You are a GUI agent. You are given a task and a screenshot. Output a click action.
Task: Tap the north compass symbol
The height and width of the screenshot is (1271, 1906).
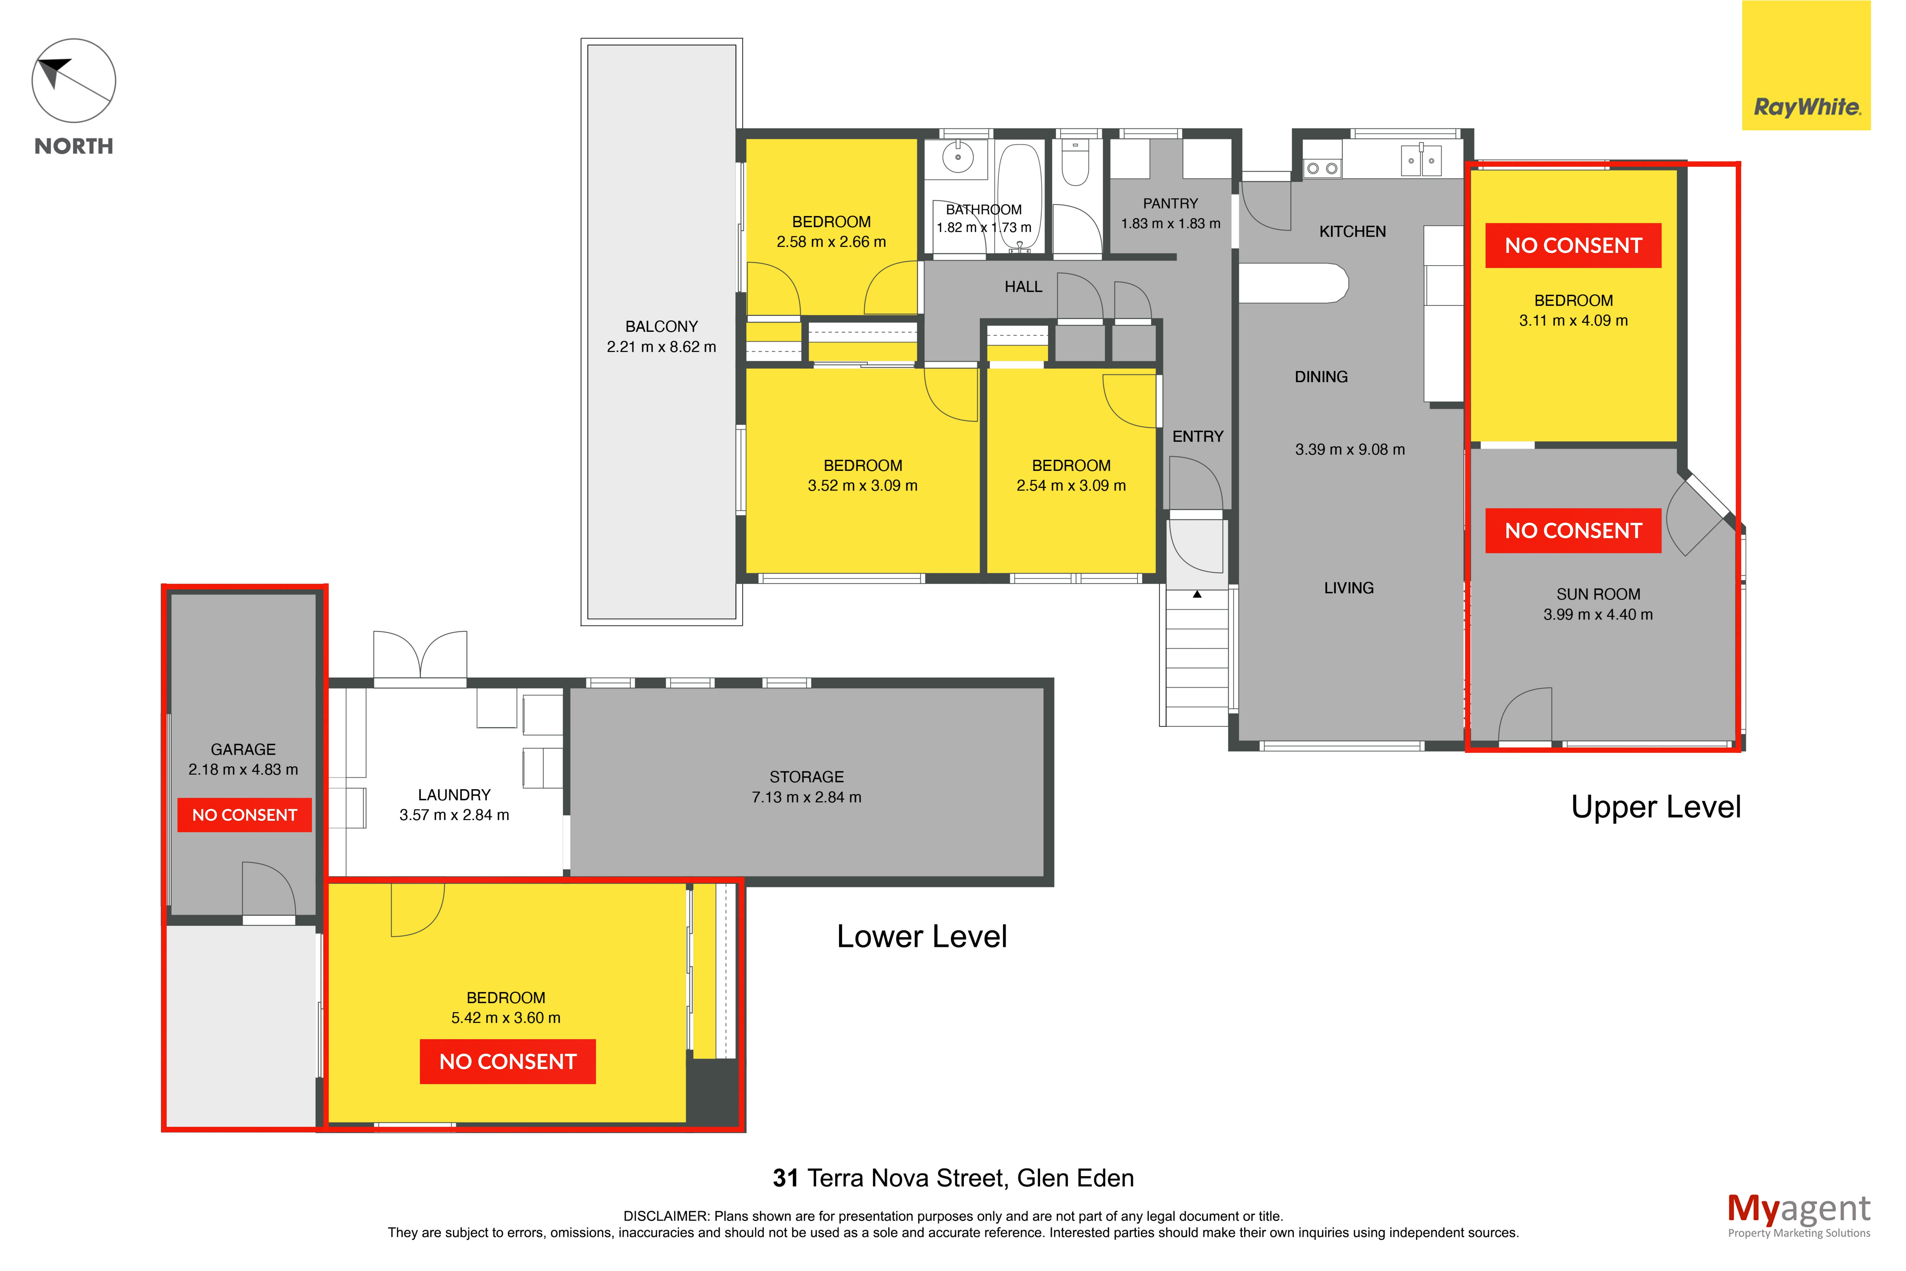click(x=74, y=81)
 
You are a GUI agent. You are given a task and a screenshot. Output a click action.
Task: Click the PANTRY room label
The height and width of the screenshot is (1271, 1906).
click(x=1170, y=203)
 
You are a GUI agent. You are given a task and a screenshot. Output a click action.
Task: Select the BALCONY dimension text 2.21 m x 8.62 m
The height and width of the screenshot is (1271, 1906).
click(x=661, y=347)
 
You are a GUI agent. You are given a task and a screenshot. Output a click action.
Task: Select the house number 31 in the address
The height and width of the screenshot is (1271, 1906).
click(x=785, y=1178)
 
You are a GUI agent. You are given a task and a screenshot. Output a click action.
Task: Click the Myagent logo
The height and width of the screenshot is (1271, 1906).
click(x=1799, y=1215)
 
